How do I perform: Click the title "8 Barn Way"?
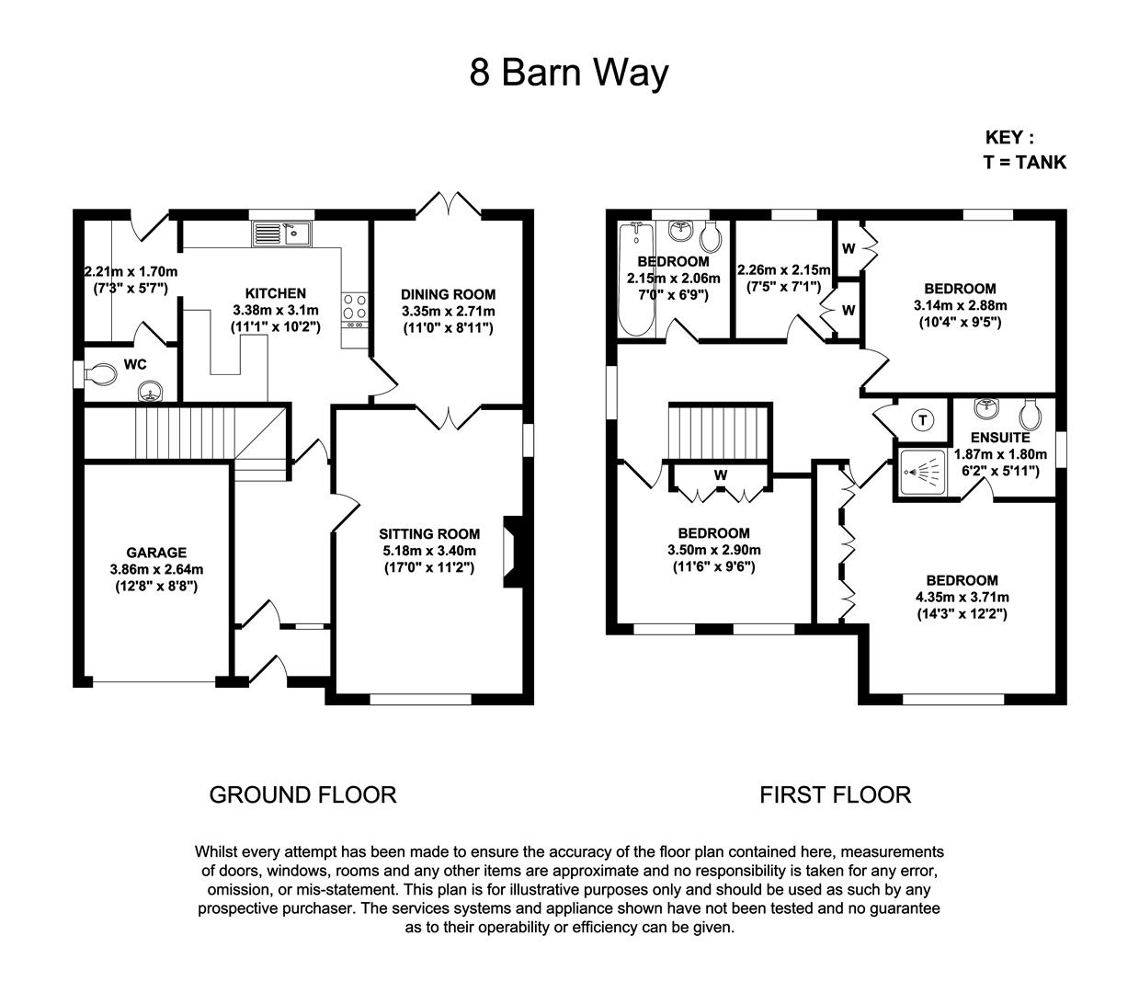click(x=568, y=73)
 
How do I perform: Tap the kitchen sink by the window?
click(x=282, y=234)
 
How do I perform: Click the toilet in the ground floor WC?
click(x=100, y=374)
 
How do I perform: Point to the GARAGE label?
click(x=156, y=553)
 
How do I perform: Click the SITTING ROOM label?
click(x=429, y=534)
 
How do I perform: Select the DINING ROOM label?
click(x=448, y=294)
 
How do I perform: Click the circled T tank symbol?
click(x=923, y=420)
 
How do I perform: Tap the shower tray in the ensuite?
click(x=922, y=473)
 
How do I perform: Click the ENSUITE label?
click(x=1000, y=438)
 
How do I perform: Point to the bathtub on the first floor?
click(x=636, y=280)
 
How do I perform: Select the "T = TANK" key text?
click(x=1024, y=162)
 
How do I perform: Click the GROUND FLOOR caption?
click(x=302, y=794)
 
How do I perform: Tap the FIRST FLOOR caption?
click(x=835, y=794)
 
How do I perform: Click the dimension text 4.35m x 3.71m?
click(x=962, y=598)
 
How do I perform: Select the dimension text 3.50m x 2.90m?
click(x=713, y=550)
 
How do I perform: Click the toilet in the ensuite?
click(x=1031, y=414)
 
